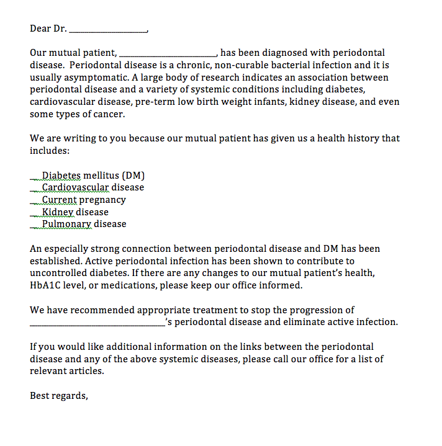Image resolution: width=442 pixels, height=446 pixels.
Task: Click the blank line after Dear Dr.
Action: [109, 30]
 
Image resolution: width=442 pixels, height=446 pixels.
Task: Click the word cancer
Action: [109, 114]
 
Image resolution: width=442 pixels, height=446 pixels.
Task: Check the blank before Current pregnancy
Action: [35, 202]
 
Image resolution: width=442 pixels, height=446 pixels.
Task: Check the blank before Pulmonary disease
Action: [35, 226]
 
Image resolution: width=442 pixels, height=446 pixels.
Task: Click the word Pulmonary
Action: [66, 224]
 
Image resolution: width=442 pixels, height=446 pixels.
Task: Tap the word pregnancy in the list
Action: [102, 200]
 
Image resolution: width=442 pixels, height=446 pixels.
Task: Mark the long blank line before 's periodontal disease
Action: [97, 324]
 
